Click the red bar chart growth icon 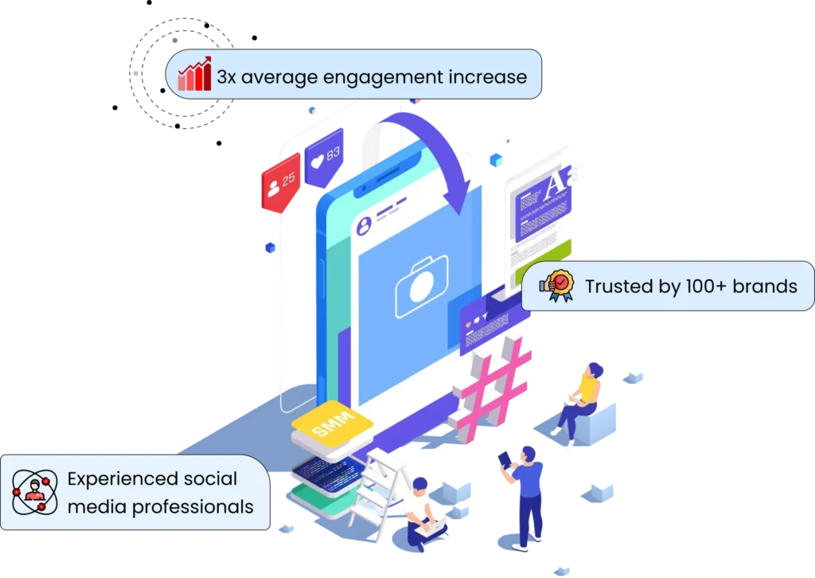pyautogui.click(x=194, y=74)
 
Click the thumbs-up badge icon pyautogui.click(x=557, y=285)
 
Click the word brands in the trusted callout pyautogui.click(x=765, y=286)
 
